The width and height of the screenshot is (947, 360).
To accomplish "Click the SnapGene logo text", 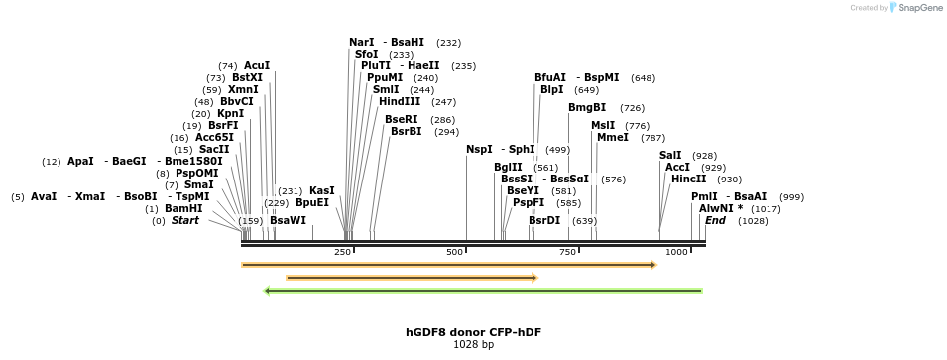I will click(x=922, y=8).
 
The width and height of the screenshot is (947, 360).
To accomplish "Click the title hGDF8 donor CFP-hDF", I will click(x=473, y=332).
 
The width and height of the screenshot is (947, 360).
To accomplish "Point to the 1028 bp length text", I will click(x=473, y=345).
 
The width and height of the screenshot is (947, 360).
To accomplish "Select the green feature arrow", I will click(x=483, y=291).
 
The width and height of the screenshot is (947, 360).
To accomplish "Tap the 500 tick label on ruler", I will click(x=455, y=252).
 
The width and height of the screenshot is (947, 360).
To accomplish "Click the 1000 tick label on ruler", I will click(x=676, y=252).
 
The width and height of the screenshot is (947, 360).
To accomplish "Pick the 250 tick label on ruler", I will click(x=342, y=252).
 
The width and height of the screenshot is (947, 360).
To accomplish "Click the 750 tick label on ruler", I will click(x=567, y=252).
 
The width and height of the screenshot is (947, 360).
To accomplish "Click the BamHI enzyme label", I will click(x=183, y=208).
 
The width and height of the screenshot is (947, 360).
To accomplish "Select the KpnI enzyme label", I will click(x=230, y=113).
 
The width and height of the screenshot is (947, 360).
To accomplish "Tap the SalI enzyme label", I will click(x=671, y=155).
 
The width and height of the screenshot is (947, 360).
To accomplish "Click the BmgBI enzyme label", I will click(x=587, y=107).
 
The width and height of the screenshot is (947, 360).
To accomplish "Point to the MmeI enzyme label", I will click(x=612, y=137).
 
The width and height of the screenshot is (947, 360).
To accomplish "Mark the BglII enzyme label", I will click(x=508, y=167).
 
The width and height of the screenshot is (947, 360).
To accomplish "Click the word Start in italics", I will click(x=184, y=220).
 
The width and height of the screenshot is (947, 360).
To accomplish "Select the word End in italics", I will click(x=715, y=220).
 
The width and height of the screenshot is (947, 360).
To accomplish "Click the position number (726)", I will click(x=632, y=107).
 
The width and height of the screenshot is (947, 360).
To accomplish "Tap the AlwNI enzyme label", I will click(x=716, y=208).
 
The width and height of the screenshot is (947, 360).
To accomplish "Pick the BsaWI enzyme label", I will click(x=288, y=220).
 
